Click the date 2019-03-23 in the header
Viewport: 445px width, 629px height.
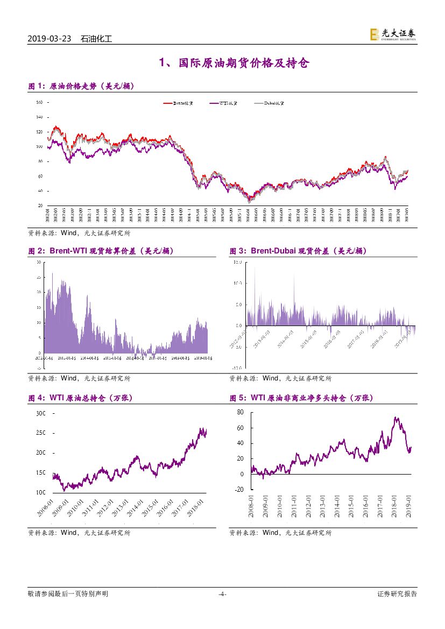(x=50, y=39)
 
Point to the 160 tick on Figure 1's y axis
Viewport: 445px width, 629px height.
(x=39, y=102)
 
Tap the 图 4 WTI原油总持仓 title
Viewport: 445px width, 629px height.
(x=80, y=398)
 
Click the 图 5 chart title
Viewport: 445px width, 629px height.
(x=301, y=398)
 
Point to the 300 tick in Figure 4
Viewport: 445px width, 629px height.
(x=41, y=414)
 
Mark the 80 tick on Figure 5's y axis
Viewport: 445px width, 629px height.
(x=241, y=412)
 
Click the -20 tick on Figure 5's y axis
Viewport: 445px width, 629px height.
(x=239, y=489)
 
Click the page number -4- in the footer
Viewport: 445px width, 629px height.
(x=222, y=594)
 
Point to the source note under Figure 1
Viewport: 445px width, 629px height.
(x=79, y=233)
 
